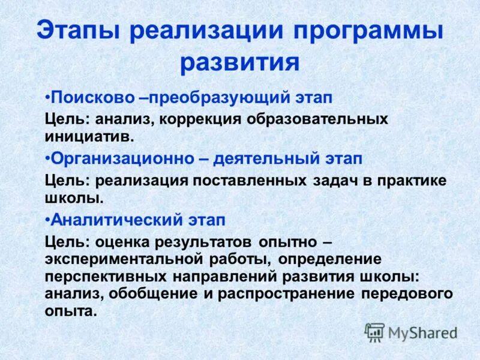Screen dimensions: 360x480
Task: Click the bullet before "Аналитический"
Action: (x=47, y=220)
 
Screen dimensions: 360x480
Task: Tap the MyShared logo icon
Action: (x=374, y=332)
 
